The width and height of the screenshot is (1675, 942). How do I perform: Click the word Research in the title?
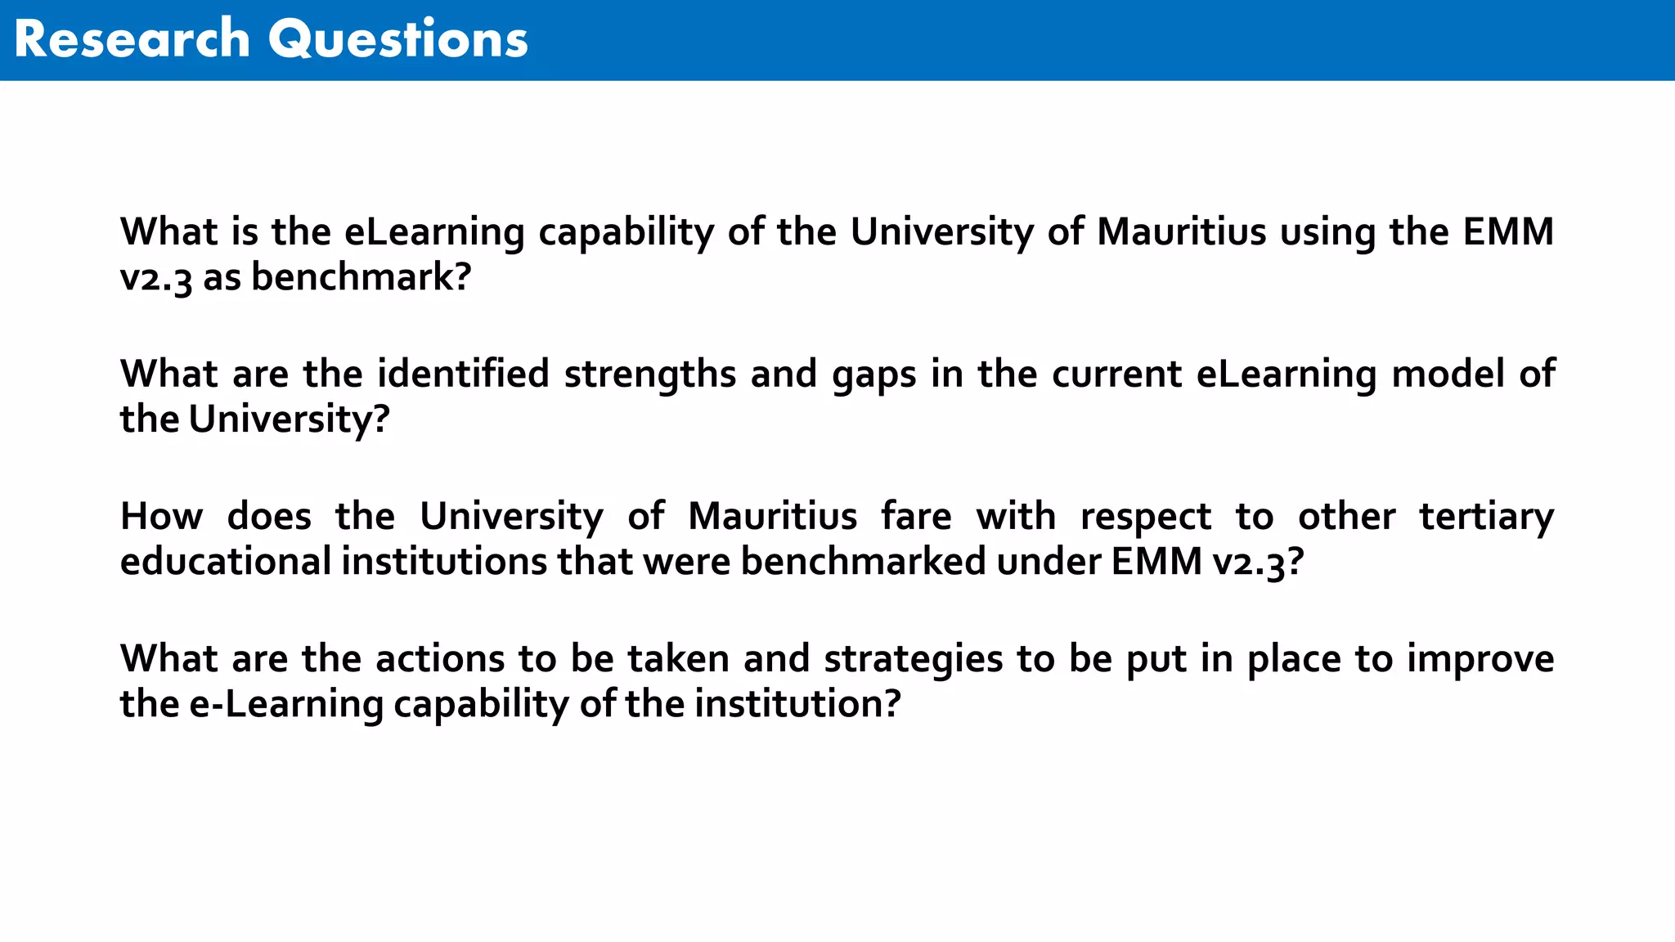pyautogui.click(x=132, y=39)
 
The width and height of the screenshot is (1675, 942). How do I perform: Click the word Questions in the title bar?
pyautogui.click(x=398, y=39)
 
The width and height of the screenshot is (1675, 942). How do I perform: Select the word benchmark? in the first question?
pyautogui.click(x=361, y=276)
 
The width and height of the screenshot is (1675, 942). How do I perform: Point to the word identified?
pyautogui.click(x=463, y=375)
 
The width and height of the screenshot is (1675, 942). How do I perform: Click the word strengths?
pyautogui.click(x=650, y=375)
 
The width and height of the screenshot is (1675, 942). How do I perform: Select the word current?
pyautogui.click(x=1116, y=375)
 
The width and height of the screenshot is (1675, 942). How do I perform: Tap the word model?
pyautogui.click(x=1448, y=375)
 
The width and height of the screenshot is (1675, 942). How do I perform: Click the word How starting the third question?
pyautogui.click(x=161, y=517)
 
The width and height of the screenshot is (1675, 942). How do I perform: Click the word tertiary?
pyautogui.click(x=1486, y=517)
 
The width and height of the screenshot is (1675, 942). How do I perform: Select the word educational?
pyautogui.click(x=226, y=562)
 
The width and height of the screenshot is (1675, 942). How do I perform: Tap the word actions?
pyautogui.click(x=440, y=659)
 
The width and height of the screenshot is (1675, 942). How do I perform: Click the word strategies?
pyautogui.click(x=913, y=659)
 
